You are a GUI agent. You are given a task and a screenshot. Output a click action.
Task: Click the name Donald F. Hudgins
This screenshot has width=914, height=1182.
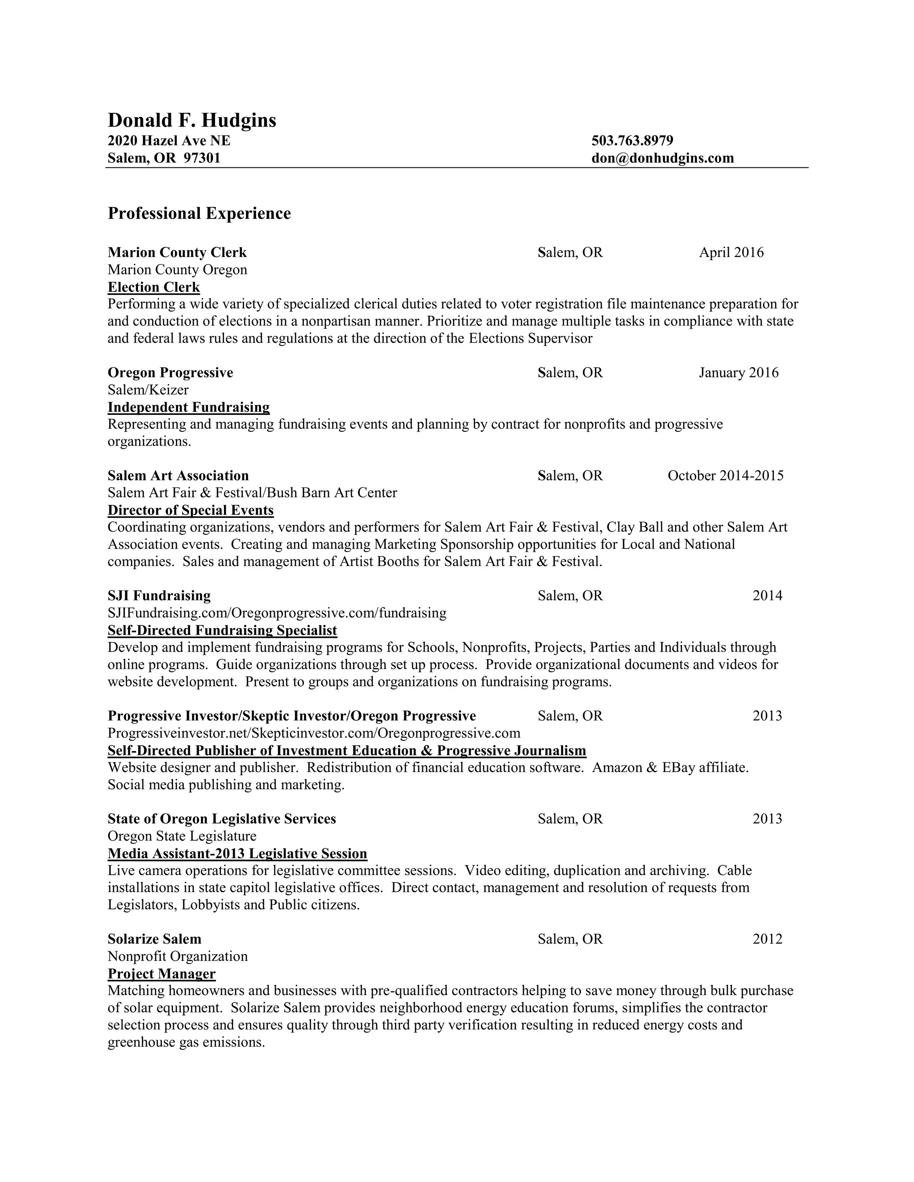tap(191, 120)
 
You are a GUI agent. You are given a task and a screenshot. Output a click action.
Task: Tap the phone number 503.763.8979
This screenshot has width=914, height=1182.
tap(632, 141)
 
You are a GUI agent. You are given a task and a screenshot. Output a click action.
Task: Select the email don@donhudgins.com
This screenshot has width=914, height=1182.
tap(662, 158)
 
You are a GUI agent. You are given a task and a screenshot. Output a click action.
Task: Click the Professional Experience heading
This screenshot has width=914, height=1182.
tap(199, 213)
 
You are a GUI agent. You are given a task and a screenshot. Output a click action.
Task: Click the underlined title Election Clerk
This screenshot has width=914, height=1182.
tap(154, 287)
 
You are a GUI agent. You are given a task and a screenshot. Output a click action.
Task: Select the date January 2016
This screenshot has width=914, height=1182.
tap(738, 372)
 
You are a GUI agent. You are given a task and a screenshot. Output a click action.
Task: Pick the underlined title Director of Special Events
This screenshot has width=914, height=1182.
tap(191, 510)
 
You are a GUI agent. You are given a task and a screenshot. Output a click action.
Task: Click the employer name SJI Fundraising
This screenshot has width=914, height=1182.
tap(159, 595)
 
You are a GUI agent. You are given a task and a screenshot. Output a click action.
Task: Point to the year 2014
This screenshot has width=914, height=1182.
tap(767, 595)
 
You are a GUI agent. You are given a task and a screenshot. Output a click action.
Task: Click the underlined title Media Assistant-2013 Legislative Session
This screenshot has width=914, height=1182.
tap(237, 853)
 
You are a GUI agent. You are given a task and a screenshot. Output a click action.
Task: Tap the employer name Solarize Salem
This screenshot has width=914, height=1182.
tap(154, 939)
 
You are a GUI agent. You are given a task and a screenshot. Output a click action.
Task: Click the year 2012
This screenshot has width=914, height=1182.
tap(767, 939)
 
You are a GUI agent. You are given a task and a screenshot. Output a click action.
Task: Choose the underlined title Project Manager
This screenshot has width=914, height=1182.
tap(162, 974)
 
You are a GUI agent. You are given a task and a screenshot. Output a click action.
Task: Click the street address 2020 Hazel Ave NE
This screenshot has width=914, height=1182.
tap(169, 141)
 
